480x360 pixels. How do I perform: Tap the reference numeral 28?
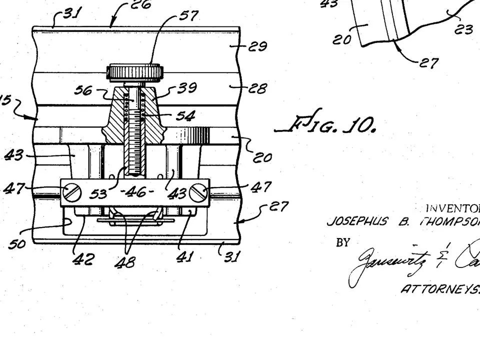258,88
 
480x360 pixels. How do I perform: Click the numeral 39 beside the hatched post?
187,88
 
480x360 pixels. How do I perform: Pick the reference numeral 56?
83,90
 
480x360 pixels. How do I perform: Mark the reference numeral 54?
185,116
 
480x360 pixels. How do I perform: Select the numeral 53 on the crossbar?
98,194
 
